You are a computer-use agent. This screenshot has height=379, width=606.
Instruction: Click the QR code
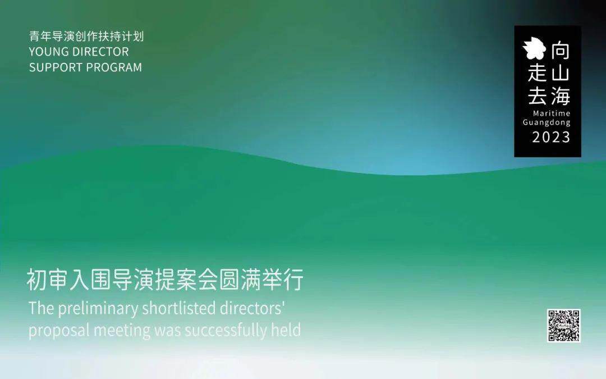[x=563, y=325]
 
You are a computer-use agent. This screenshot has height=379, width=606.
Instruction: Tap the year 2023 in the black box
[x=551, y=138]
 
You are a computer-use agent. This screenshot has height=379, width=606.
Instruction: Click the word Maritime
[x=552, y=113]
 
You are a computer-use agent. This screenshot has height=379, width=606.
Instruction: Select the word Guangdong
[x=547, y=122]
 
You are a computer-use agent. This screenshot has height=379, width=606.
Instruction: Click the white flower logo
[x=535, y=48]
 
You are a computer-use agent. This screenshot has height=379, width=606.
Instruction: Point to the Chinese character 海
[x=560, y=96]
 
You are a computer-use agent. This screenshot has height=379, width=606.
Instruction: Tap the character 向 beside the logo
[x=561, y=51]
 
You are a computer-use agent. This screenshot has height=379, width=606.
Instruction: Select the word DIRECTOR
[x=100, y=52]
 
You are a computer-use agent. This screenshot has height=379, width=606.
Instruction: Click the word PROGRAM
[x=113, y=67]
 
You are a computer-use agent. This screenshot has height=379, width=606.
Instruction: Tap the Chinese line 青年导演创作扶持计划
[x=86, y=36]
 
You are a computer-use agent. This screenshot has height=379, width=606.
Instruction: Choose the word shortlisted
[x=179, y=308]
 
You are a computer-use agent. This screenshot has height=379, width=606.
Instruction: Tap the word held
[x=286, y=330]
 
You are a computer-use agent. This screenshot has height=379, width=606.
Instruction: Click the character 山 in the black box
[x=561, y=72]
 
